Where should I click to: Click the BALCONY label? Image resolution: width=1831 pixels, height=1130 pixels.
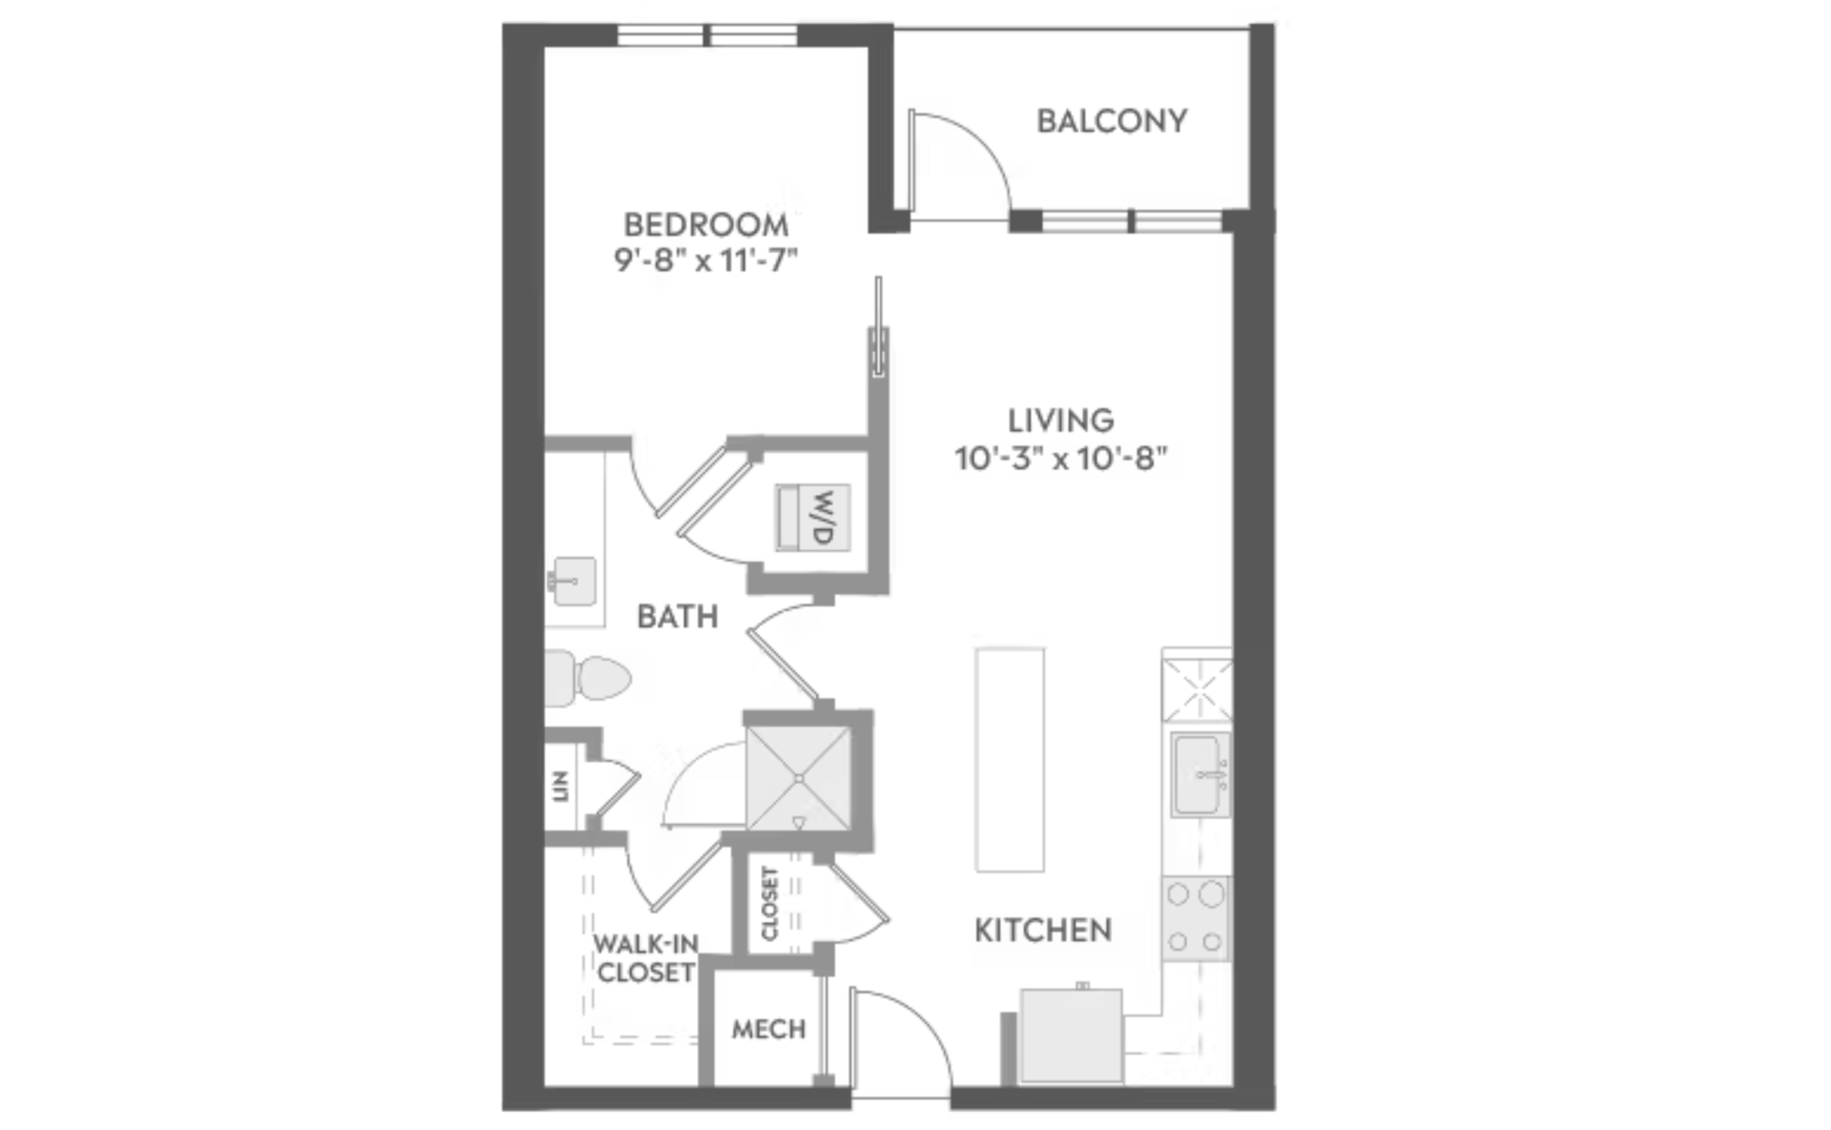point(1112,121)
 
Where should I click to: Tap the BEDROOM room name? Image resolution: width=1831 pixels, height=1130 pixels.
point(706,225)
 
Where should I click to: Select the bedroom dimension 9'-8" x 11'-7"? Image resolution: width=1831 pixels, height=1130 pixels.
point(706,260)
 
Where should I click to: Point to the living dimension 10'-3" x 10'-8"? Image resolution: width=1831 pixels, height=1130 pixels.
point(1061,459)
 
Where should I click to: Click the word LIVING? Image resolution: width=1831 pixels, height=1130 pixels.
point(1061,421)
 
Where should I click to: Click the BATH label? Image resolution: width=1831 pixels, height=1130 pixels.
point(677,617)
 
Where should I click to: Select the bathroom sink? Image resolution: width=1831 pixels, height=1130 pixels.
point(573,581)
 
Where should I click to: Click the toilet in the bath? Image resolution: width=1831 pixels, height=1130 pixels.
point(587,678)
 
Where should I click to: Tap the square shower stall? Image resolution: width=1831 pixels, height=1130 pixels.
point(799,779)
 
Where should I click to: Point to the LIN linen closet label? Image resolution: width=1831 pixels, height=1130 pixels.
point(561,787)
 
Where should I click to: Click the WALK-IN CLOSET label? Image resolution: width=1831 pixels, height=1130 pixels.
point(646,958)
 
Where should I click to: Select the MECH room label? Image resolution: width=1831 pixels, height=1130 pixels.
point(769,1030)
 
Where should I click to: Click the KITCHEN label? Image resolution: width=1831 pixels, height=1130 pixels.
point(1043,931)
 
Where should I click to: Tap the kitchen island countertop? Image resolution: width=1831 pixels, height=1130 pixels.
point(1009,760)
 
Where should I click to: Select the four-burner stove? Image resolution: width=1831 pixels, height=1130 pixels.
point(1196,918)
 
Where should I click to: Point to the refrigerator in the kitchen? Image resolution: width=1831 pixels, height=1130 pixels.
point(1071,1036)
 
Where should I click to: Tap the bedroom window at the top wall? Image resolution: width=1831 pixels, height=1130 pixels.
point(708,36)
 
